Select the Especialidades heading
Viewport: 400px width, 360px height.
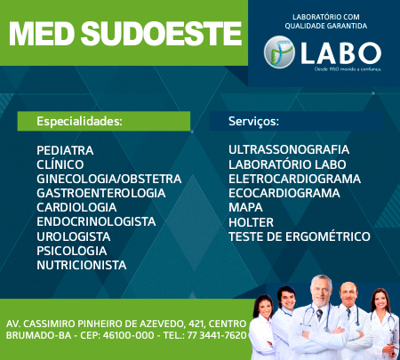(79, 120)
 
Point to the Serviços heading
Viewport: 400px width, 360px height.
(253, 120)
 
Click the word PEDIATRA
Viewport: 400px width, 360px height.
(65, 150)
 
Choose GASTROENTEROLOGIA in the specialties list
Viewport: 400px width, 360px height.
(100, 193)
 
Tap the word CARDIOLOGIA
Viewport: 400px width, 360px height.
(77, 207)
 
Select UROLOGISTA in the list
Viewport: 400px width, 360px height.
(73, 236)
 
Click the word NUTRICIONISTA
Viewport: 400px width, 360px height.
(81, 265)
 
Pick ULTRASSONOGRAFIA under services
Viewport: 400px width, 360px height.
(289, 150)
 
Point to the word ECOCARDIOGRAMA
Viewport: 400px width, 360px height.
(284, 193)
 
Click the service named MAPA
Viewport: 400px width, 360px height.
(245, 207)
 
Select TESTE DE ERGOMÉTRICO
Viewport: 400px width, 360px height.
(299, 236)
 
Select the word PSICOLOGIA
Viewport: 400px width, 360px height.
(71, 251)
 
